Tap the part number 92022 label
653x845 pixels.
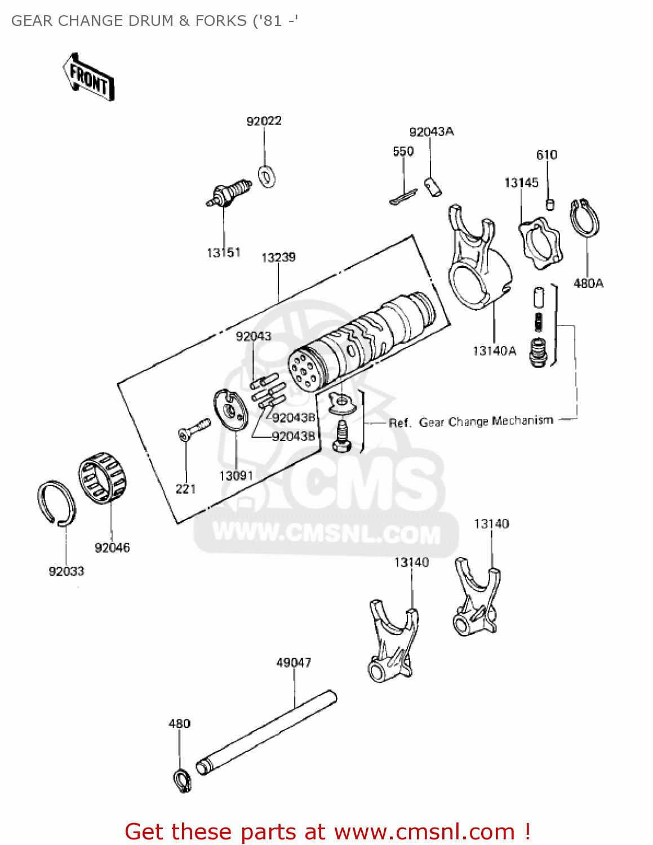[x=264, y=121]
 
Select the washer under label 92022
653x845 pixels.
[x=266, y=176]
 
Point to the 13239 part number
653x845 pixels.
[x=278, y=257]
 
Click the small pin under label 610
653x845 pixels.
[x=550, y=203]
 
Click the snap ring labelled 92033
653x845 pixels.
[x=56, y=504]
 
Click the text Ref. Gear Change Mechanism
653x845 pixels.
[x=471, y=421]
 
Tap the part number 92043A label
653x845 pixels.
[x=431, y=132]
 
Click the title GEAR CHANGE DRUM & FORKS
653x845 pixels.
[x=154, y=21]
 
